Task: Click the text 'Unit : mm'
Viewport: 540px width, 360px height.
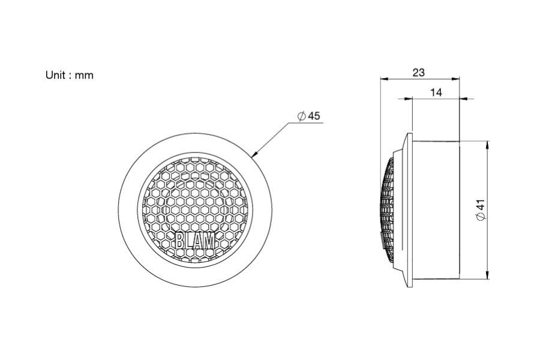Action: (x=69, y=75)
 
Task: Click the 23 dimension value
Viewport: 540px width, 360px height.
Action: (x=418, y=73)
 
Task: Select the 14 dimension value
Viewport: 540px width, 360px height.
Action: (x=436, y=92)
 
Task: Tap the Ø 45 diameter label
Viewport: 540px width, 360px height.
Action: (x=309, y=116)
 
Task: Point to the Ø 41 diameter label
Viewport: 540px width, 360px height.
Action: (x=481, y=210)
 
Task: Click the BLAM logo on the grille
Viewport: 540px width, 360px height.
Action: (x=195, y=241)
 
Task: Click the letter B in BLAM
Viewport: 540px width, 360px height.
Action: (x=180, y=241)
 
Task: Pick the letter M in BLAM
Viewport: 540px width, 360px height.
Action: (x=209, y=241)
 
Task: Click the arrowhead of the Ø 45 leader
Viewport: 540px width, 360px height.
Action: (x=255, y=154)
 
